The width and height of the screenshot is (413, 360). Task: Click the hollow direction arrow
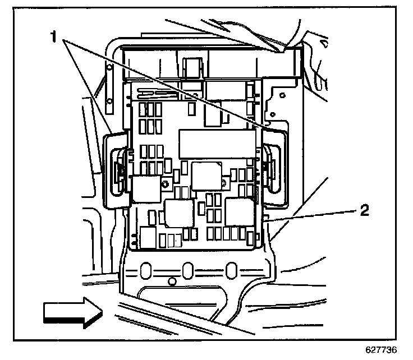71,311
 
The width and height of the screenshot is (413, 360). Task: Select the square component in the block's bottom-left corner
148,237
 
